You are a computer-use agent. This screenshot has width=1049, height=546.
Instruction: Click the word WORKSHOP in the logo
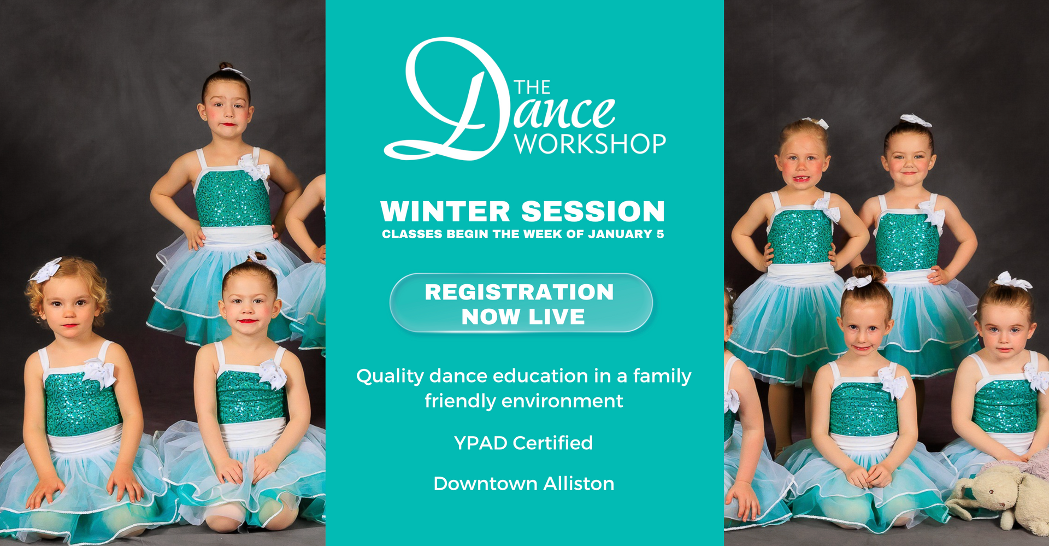[x=590, y=144]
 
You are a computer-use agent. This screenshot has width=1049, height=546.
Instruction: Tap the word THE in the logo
[x=532, y=87]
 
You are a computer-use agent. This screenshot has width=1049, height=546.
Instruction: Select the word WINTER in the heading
[x=445, y=212]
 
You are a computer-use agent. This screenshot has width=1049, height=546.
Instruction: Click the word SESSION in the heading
[x=593, y=212]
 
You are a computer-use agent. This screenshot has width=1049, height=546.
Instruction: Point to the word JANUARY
[x=620, y=234]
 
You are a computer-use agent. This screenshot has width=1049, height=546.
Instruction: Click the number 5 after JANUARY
[x=661, y=234]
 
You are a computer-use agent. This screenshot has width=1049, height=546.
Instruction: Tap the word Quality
[x=390, y=377]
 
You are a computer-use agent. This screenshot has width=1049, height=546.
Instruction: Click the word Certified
[x=553, y=443]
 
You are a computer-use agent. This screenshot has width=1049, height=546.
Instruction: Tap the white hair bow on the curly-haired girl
[x=46, y=270]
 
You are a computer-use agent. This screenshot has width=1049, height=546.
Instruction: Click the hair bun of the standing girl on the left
[x=225, y=67]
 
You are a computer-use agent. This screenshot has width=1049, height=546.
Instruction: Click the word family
[x=662, y=377]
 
